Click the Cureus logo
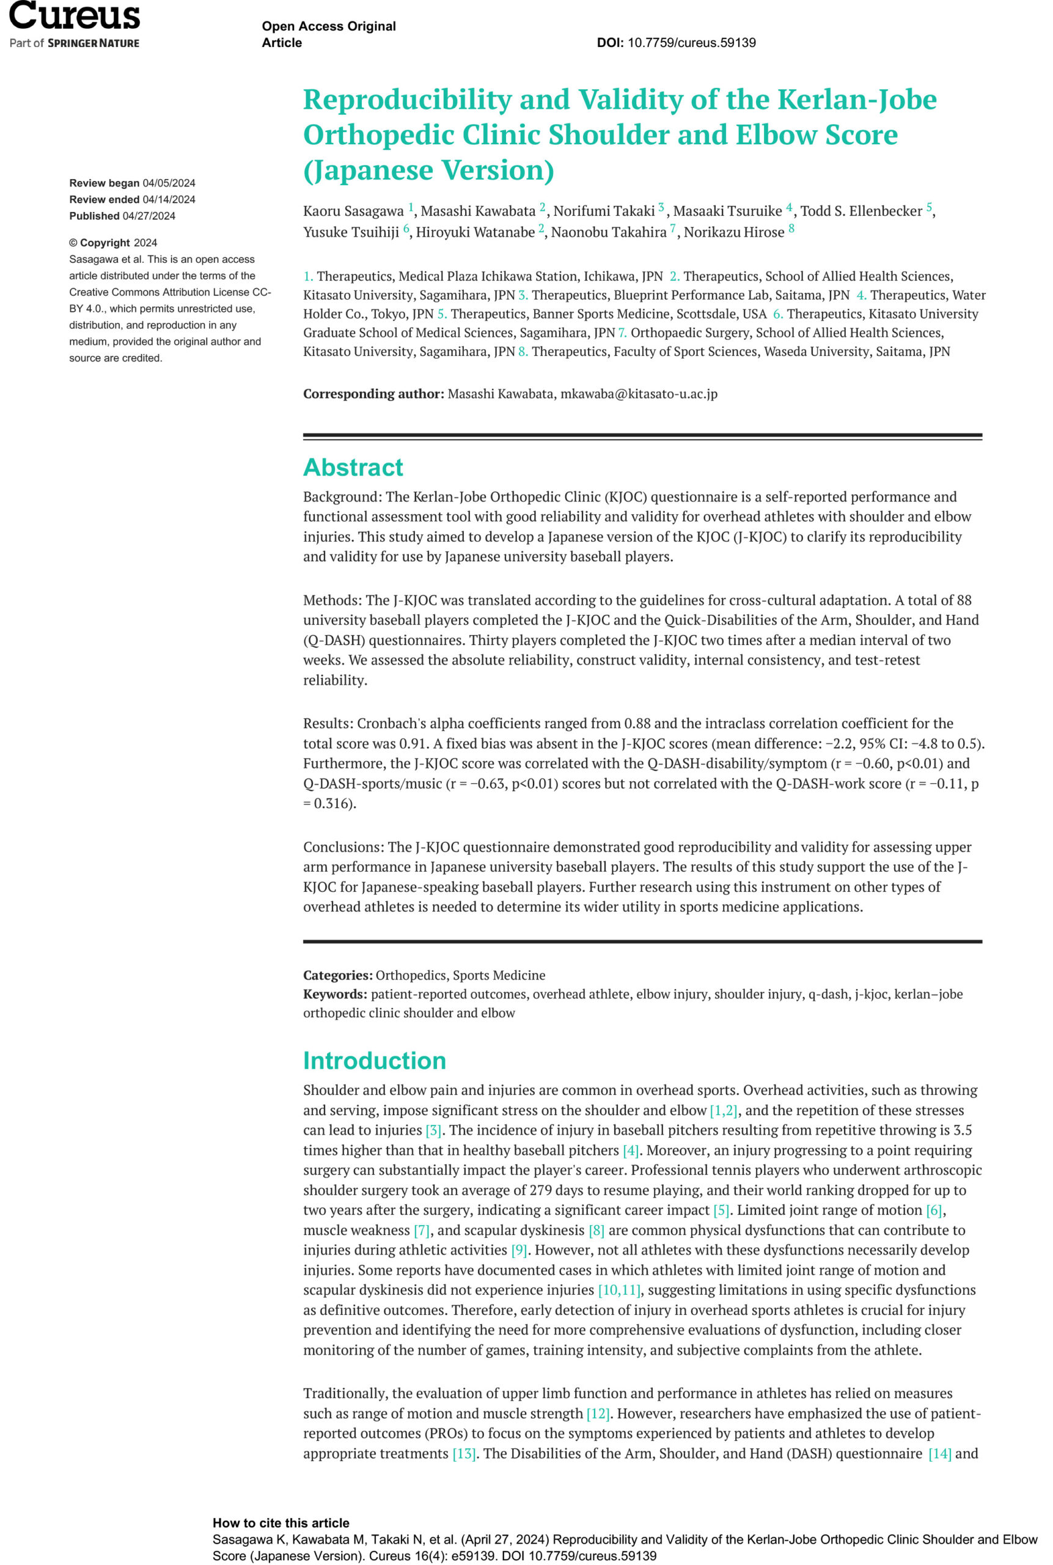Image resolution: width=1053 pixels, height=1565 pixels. (74, 16)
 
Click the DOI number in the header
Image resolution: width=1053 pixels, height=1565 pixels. (691, 43)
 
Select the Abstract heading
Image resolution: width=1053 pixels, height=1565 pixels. (353, 467)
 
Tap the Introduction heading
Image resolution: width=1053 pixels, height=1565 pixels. (374, 1060)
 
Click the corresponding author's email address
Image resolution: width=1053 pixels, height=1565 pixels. (639, 394)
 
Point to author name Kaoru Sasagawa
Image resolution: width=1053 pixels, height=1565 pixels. (353, 211)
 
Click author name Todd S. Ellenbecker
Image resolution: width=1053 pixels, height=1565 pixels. (861, 211)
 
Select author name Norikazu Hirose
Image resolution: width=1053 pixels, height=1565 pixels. (733, 232)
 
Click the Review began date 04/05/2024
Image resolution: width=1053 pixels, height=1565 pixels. (169, 183)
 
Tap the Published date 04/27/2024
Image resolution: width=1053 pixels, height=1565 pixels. (149, 216)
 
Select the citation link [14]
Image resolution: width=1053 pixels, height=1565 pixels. (939, 1454)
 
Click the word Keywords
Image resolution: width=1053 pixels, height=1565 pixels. (334, 994)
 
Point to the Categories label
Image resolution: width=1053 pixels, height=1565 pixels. (337, 975)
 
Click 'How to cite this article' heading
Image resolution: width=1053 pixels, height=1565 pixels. (281, 1523)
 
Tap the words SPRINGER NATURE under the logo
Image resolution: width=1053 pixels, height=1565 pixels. (94, 43)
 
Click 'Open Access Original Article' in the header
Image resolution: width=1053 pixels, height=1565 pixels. (328, 34)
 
